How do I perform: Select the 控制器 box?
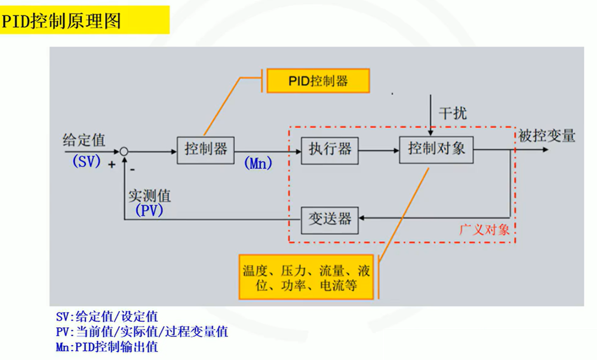pyautogui.click(x=205, y=149)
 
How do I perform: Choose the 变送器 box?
pyautogui.click(x=330, y=219)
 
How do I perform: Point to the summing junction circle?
pyautogui.click(x=124, y=152)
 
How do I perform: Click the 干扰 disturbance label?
pyautogui.click(x=453, y=113)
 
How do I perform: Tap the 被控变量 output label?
pyautogui.click(x=547, y=136)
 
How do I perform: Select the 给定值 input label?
pyautogui.click(x=84, y=140)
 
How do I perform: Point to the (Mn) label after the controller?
pyautogui.click(x=258, y=163)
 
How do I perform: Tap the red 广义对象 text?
pyautogui.click(x=484, y=230)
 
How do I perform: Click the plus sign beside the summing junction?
pyautogui.click(x=112, y=164)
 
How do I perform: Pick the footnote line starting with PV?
pyautogui.click(x=142, y=332)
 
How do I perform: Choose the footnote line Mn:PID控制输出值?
pyautogui.click(x=107, y=347)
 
